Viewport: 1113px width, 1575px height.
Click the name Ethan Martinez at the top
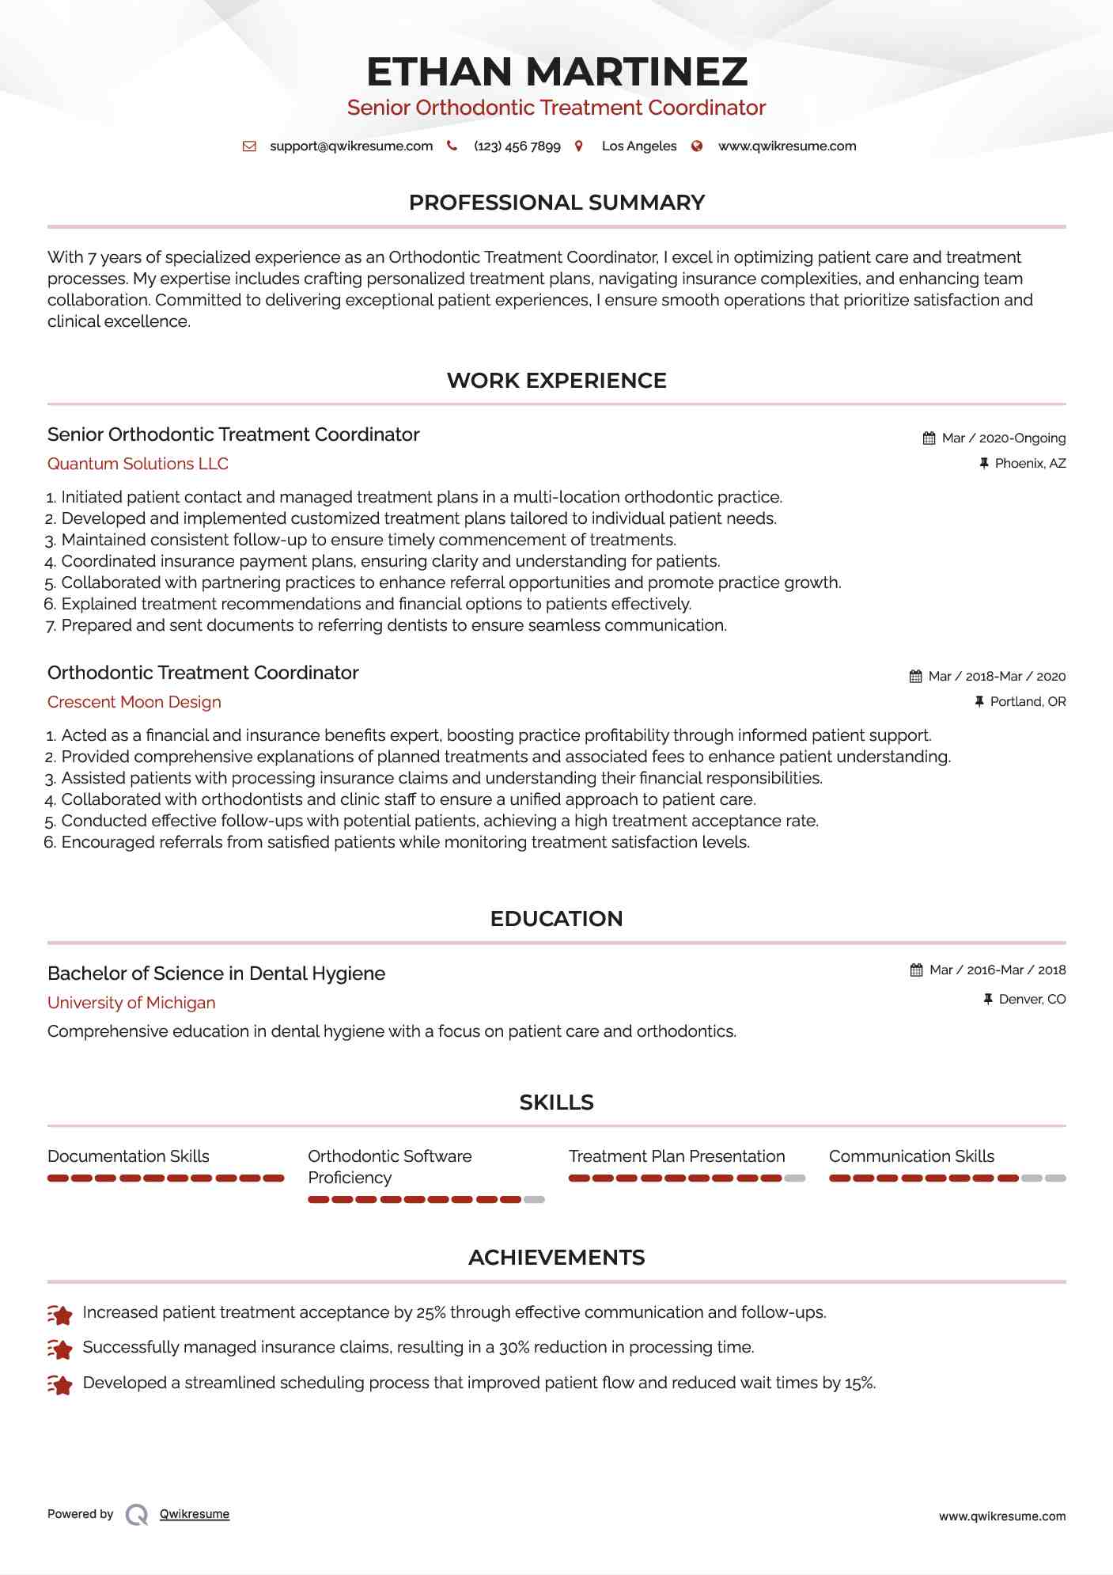(x=556, y=72)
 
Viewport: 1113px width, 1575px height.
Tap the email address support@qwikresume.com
(x=351, y=146)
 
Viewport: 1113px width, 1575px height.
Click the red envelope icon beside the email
(x=249, y=146)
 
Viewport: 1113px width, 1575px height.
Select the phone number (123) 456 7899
(x=517, y=146)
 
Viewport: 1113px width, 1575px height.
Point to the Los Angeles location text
(x=638, y=146)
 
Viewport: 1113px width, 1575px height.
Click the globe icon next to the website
(x=697, y=146)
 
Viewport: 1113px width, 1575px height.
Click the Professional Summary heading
(x=556, y=203)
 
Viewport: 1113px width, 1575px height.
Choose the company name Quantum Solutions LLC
(x=138, y=464)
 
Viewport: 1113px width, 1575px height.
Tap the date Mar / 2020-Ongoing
(x=1003, y=438)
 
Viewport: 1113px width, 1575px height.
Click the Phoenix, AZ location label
(x=1030, y=464)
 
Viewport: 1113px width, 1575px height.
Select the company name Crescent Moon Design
(x=134, y=702)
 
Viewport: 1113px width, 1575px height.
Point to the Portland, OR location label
(x=1028, y=702)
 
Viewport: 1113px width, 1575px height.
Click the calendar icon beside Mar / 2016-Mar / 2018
(x=916, y=970)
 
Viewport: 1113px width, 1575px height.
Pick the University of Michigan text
(x=131, y=1003)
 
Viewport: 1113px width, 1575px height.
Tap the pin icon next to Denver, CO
(x=987, y=1000)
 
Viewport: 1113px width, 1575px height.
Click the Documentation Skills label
(x=128, y=1156)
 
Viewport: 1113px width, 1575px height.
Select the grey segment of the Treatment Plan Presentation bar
(x=795, y=1178)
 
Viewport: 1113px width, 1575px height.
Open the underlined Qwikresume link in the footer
(x=195, y=1514)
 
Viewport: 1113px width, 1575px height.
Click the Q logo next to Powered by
(x=137, y=1515)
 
